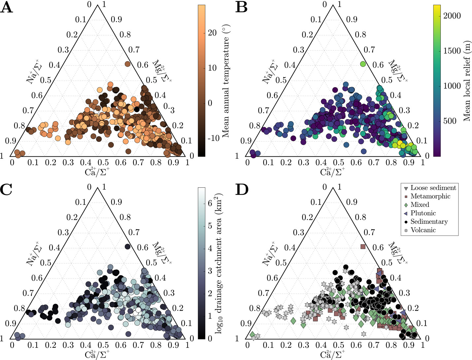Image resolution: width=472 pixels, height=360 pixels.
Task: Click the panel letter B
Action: [x=242, y=7]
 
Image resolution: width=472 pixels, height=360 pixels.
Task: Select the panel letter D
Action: [x=242, y=190]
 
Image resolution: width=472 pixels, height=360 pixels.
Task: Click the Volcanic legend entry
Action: [x=423, y=230]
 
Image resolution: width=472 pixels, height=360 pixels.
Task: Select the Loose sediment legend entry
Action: [x=433, y=188]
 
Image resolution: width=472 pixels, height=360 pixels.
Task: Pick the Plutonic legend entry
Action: [x=423, y=213]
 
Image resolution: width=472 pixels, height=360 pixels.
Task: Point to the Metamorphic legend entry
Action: [x=430, y=196]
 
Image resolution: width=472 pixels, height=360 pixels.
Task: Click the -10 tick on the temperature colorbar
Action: [x=213, y=138]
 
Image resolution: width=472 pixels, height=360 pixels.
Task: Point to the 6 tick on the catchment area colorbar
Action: [x=210, y=203]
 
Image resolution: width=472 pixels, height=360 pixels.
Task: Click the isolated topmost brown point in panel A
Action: [x=128, y=64]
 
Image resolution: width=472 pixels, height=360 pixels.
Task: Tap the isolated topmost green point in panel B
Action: [x=363, y=64]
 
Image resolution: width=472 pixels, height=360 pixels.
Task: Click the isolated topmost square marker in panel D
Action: [x=363, y=246]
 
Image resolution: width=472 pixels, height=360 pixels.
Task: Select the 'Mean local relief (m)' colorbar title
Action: [x=467, y=81]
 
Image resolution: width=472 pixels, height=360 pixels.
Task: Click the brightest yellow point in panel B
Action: [x=400, y=143]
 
